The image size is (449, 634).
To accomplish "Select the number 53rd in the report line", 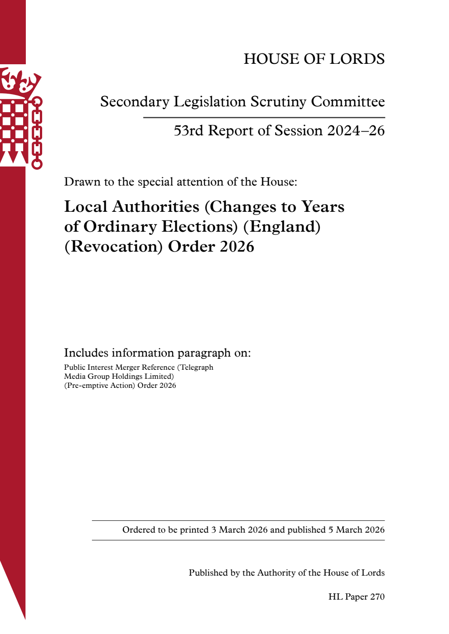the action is pyautogui.click(x=188, y=131).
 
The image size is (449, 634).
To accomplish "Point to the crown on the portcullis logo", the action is pyautogui.click(x=20, y=82).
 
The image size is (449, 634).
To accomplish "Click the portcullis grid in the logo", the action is pyautogui.click(x=14, y=127).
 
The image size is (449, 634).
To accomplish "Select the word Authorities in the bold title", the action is pyautogui.click(x=156, y=207).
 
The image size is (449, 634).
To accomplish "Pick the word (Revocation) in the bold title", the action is pyautogui.click(x=113, y=247).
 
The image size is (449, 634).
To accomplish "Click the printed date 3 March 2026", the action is pyautogui.click(x=239, y=530).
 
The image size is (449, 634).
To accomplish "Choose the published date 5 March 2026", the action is pyautogui.click(x=357, y=530).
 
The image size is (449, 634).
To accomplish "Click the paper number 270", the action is pyautogui.click(x=377, y=597).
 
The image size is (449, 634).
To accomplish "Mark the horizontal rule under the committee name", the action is pyautogui.click(x=264, y=118).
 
